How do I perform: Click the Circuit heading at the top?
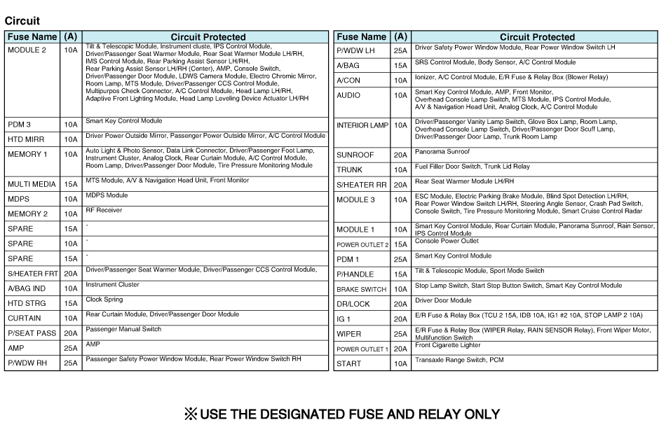[22, 21]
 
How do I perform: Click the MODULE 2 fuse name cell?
[27, 50]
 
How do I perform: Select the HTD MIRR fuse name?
[26, 139]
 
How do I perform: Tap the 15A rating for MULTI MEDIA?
[70, 184]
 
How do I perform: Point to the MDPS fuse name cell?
[18, 199]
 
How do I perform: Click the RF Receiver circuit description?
[104, 209]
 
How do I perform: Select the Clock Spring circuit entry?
[104, 299]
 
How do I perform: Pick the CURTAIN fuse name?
[25, 318]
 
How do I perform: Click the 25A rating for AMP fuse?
[70, 348]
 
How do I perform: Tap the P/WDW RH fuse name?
[27, 363]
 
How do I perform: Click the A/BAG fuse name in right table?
[348, 66]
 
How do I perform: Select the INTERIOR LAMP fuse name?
[362, 125]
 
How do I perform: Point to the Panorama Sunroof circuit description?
[442, 151]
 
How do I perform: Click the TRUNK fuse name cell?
[349, 170]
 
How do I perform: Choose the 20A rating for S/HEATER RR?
[400, 185]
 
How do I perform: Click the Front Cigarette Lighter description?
[447, 345]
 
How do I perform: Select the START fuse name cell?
[349, 364]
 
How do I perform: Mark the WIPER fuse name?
[348, 334]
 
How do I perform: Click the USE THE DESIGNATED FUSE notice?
[342, 414]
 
